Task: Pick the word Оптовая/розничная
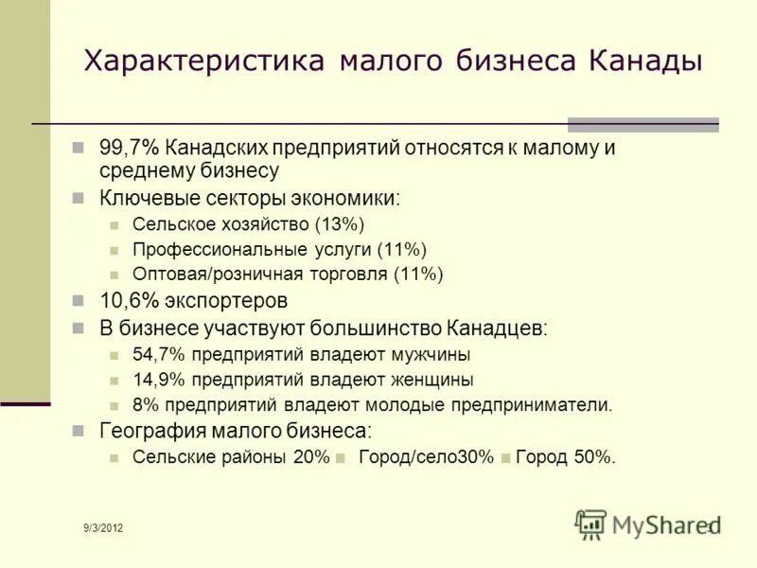[219, 275]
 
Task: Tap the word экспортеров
[225, 302]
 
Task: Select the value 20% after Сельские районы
[311, 457]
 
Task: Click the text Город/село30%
[427, 457]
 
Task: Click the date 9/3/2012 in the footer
[102, 527]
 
